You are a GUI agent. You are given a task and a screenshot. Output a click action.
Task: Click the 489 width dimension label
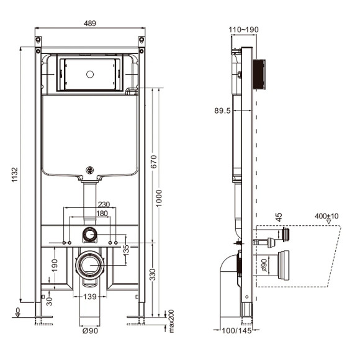(x=90, y=24)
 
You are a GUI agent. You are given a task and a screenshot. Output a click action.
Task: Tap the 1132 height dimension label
(x=15, y=174)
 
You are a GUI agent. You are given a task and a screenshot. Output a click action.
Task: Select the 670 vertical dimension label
(x=154, y=161)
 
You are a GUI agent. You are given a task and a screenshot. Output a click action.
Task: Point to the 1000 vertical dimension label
(x=159, y=198)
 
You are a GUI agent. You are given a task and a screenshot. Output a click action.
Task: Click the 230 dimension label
(x=104, y=204)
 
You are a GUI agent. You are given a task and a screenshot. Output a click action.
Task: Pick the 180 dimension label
(x=102, y=214)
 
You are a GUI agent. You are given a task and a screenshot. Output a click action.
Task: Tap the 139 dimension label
(x=90, y=297)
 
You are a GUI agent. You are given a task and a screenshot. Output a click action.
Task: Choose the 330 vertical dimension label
(x=153, y=274)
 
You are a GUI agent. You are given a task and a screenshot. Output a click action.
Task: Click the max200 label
(x=171, y=321)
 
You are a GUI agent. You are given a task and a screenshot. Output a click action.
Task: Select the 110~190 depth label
(x=243, y=30)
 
